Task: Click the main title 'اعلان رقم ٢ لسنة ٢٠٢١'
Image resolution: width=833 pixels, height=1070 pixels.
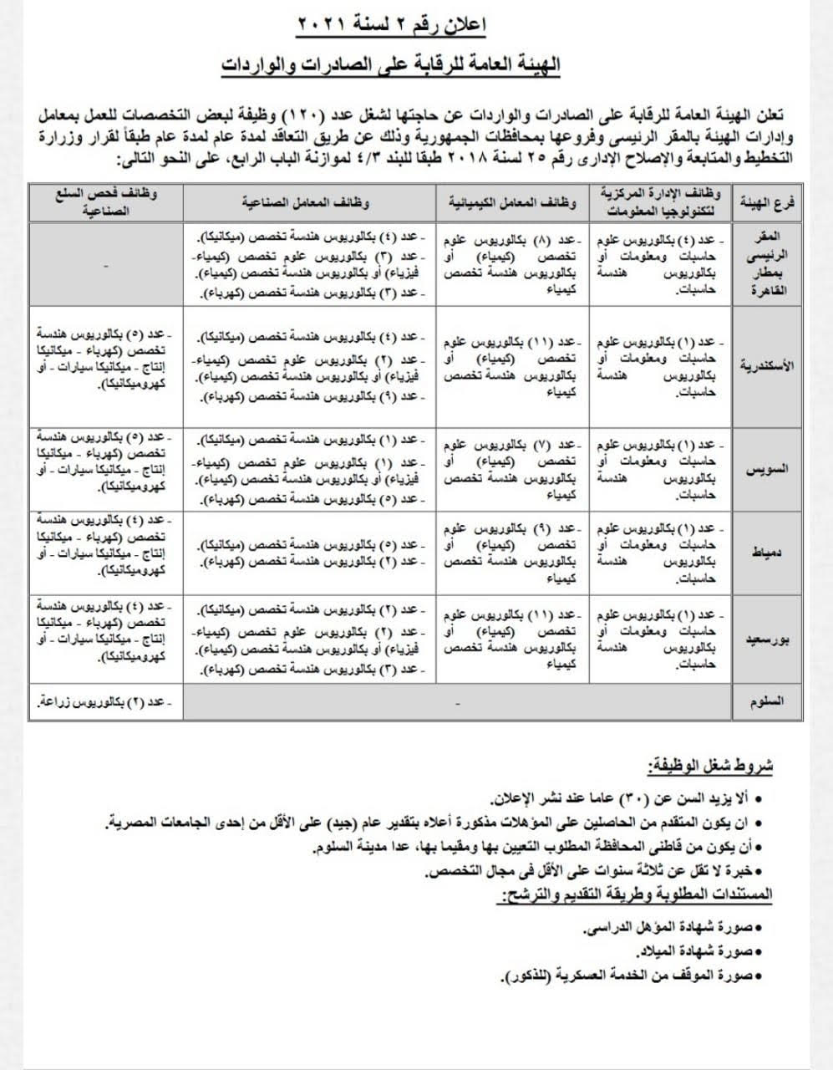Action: pos(391,25)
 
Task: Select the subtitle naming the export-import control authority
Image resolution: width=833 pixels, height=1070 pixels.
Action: pos(390,64)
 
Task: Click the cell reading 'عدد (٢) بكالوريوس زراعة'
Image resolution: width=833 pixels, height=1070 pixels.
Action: pos(106,702)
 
